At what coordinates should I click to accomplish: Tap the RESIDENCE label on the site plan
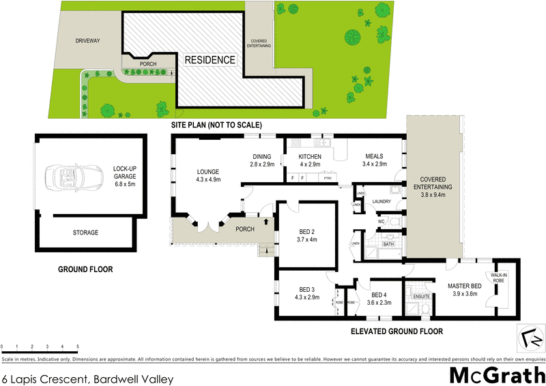click(210, 60)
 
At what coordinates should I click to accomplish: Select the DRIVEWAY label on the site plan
click(87, 41)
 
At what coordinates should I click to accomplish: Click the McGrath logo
click(496, 374)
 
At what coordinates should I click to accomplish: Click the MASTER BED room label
click(466, 286)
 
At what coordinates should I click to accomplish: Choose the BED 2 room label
click(306, 232)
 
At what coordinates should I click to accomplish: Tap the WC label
click(382, 222)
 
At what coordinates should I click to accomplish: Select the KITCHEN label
click(310, 157)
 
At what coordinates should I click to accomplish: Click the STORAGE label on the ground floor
click(86, 233)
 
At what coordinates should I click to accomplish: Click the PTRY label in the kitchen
click(328, 178)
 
